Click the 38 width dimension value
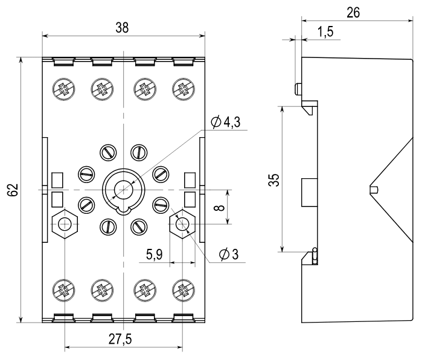click(123, 27)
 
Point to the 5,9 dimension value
click(154, 255)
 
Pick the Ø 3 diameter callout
click(229, 254)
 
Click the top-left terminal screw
click(63, 89)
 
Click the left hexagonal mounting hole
click(63, 225)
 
